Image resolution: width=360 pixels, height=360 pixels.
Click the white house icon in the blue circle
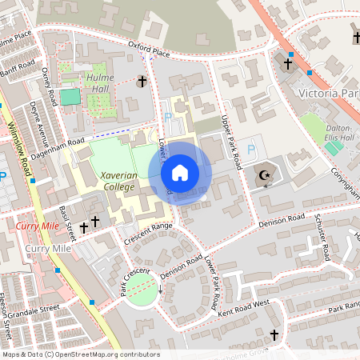180,172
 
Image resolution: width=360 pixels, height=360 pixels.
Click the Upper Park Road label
231,141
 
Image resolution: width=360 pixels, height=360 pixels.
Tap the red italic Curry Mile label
36,227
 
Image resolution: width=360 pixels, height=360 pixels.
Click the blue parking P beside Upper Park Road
252,150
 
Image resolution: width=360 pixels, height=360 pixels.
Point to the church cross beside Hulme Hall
142,81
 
